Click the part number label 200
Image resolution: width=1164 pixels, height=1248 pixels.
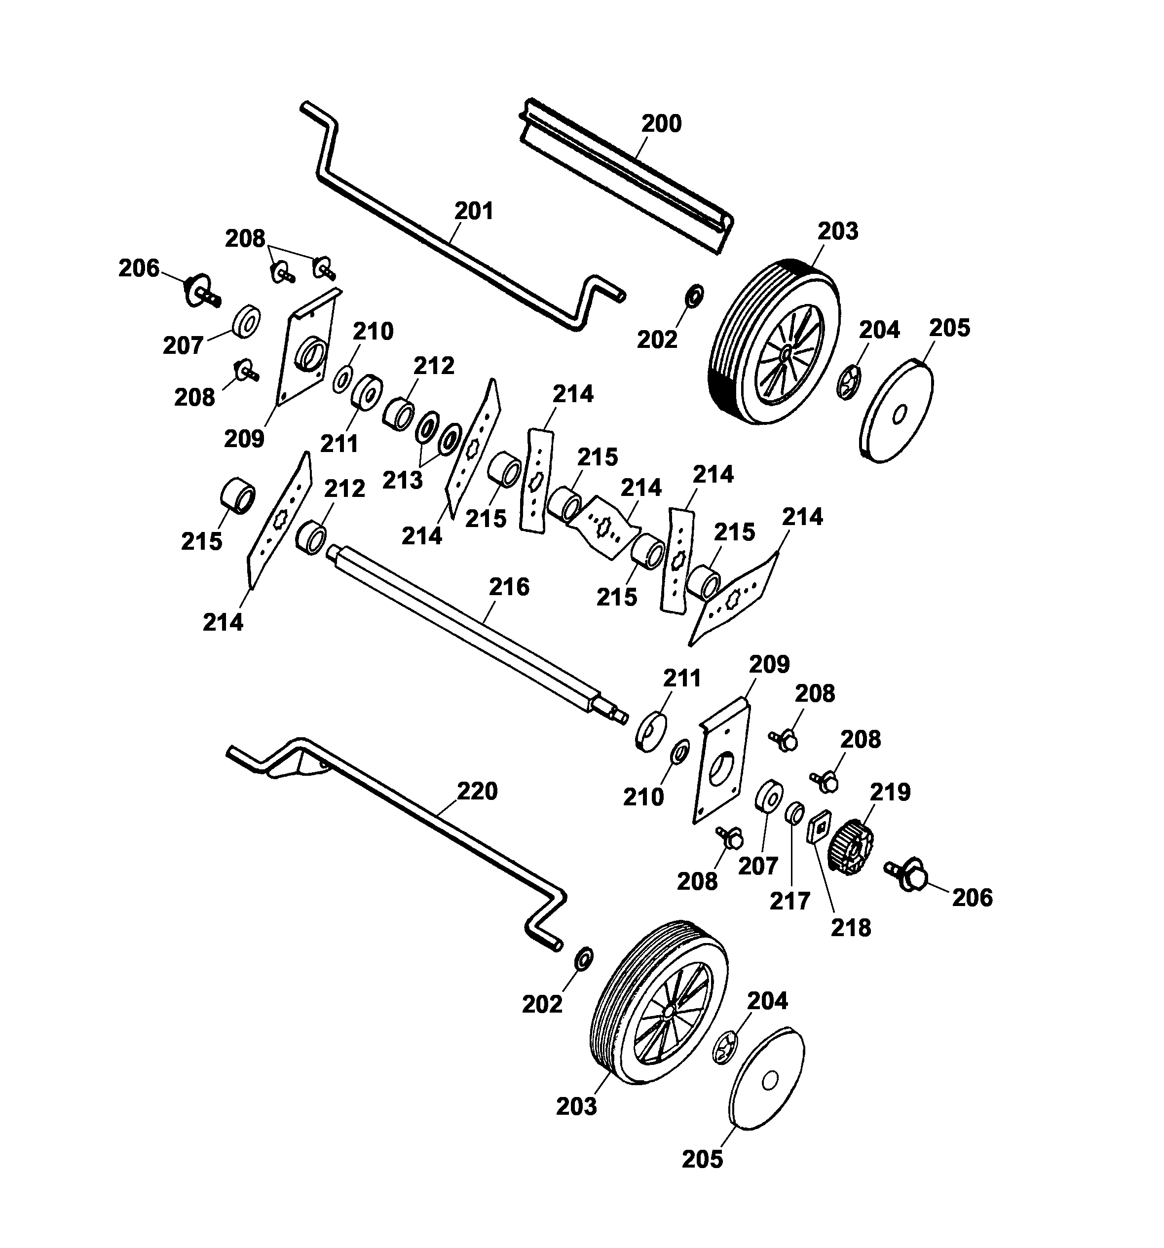tap(661, 124)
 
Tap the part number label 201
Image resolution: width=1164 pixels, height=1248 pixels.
tap(474, 211)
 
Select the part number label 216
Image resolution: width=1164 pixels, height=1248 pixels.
tap(509, 586)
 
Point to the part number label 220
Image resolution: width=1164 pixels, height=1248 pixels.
tap(477, 791)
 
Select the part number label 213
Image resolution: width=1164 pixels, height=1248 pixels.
tap(403, 480)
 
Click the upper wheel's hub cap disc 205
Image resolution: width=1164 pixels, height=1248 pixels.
tap(897, 411)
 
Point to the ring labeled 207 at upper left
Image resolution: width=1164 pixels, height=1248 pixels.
tap(246, 323)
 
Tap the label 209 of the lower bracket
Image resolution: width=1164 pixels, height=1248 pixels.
tap(769, 664)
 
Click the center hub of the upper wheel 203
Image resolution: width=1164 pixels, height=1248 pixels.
tap(786, 355)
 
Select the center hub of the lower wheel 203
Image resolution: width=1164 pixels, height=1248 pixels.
tap(669, 1012)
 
